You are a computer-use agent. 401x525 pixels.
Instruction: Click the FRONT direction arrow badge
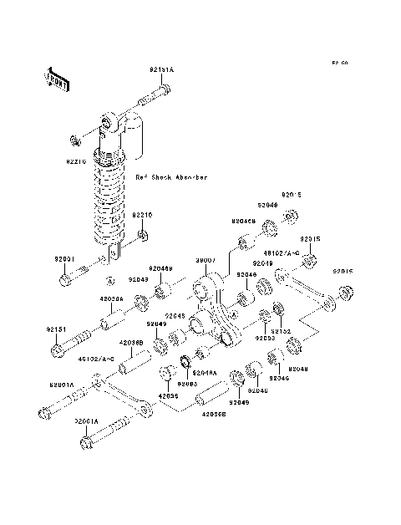point(55,78)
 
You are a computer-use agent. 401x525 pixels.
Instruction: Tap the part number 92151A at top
point(161,69)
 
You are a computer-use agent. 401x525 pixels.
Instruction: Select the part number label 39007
point(206,260)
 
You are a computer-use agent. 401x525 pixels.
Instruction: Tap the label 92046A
point(206,373)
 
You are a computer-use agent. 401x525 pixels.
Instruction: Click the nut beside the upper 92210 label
point(75,136)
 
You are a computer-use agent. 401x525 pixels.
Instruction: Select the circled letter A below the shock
point(109,278)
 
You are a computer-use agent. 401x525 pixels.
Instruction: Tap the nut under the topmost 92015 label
point(292,217)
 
